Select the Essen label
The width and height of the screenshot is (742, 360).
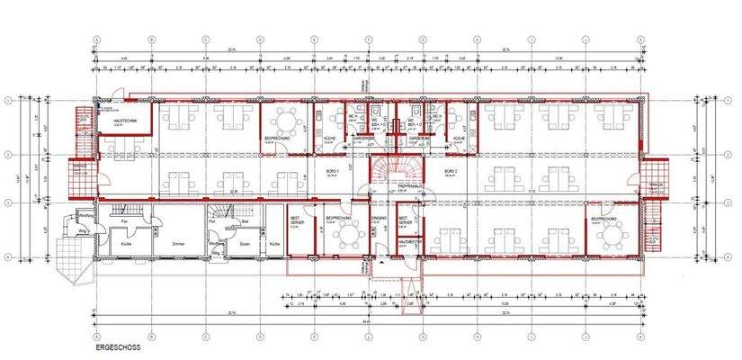243,243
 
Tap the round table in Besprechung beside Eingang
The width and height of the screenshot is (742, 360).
342,237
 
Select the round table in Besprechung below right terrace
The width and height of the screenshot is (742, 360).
612,236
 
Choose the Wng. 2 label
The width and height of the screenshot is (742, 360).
217,254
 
